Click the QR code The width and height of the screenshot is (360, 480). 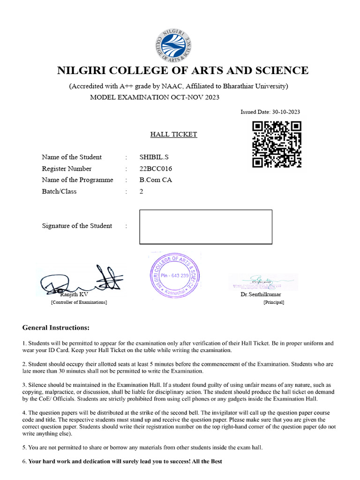click(x=277, y=144)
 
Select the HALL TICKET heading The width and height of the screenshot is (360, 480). click(x=173, y=135)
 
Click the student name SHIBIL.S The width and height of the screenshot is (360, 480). click(x=153, y=157)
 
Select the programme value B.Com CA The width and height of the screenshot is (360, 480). click(x=156, y=180)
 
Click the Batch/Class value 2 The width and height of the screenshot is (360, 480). click(x=142, y=191)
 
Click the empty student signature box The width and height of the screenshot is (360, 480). click(x=206, y=227)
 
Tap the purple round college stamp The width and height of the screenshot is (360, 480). click(x=174, y=276)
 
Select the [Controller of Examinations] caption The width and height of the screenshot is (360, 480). click(x=79, y=302)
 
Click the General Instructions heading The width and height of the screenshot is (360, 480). click(x=56, y=327)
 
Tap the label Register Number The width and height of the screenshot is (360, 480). click(x=67, y=169)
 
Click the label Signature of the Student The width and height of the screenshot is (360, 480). click(x=77, y=226)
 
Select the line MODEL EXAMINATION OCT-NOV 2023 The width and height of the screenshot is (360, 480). click(x=154, y=97)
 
